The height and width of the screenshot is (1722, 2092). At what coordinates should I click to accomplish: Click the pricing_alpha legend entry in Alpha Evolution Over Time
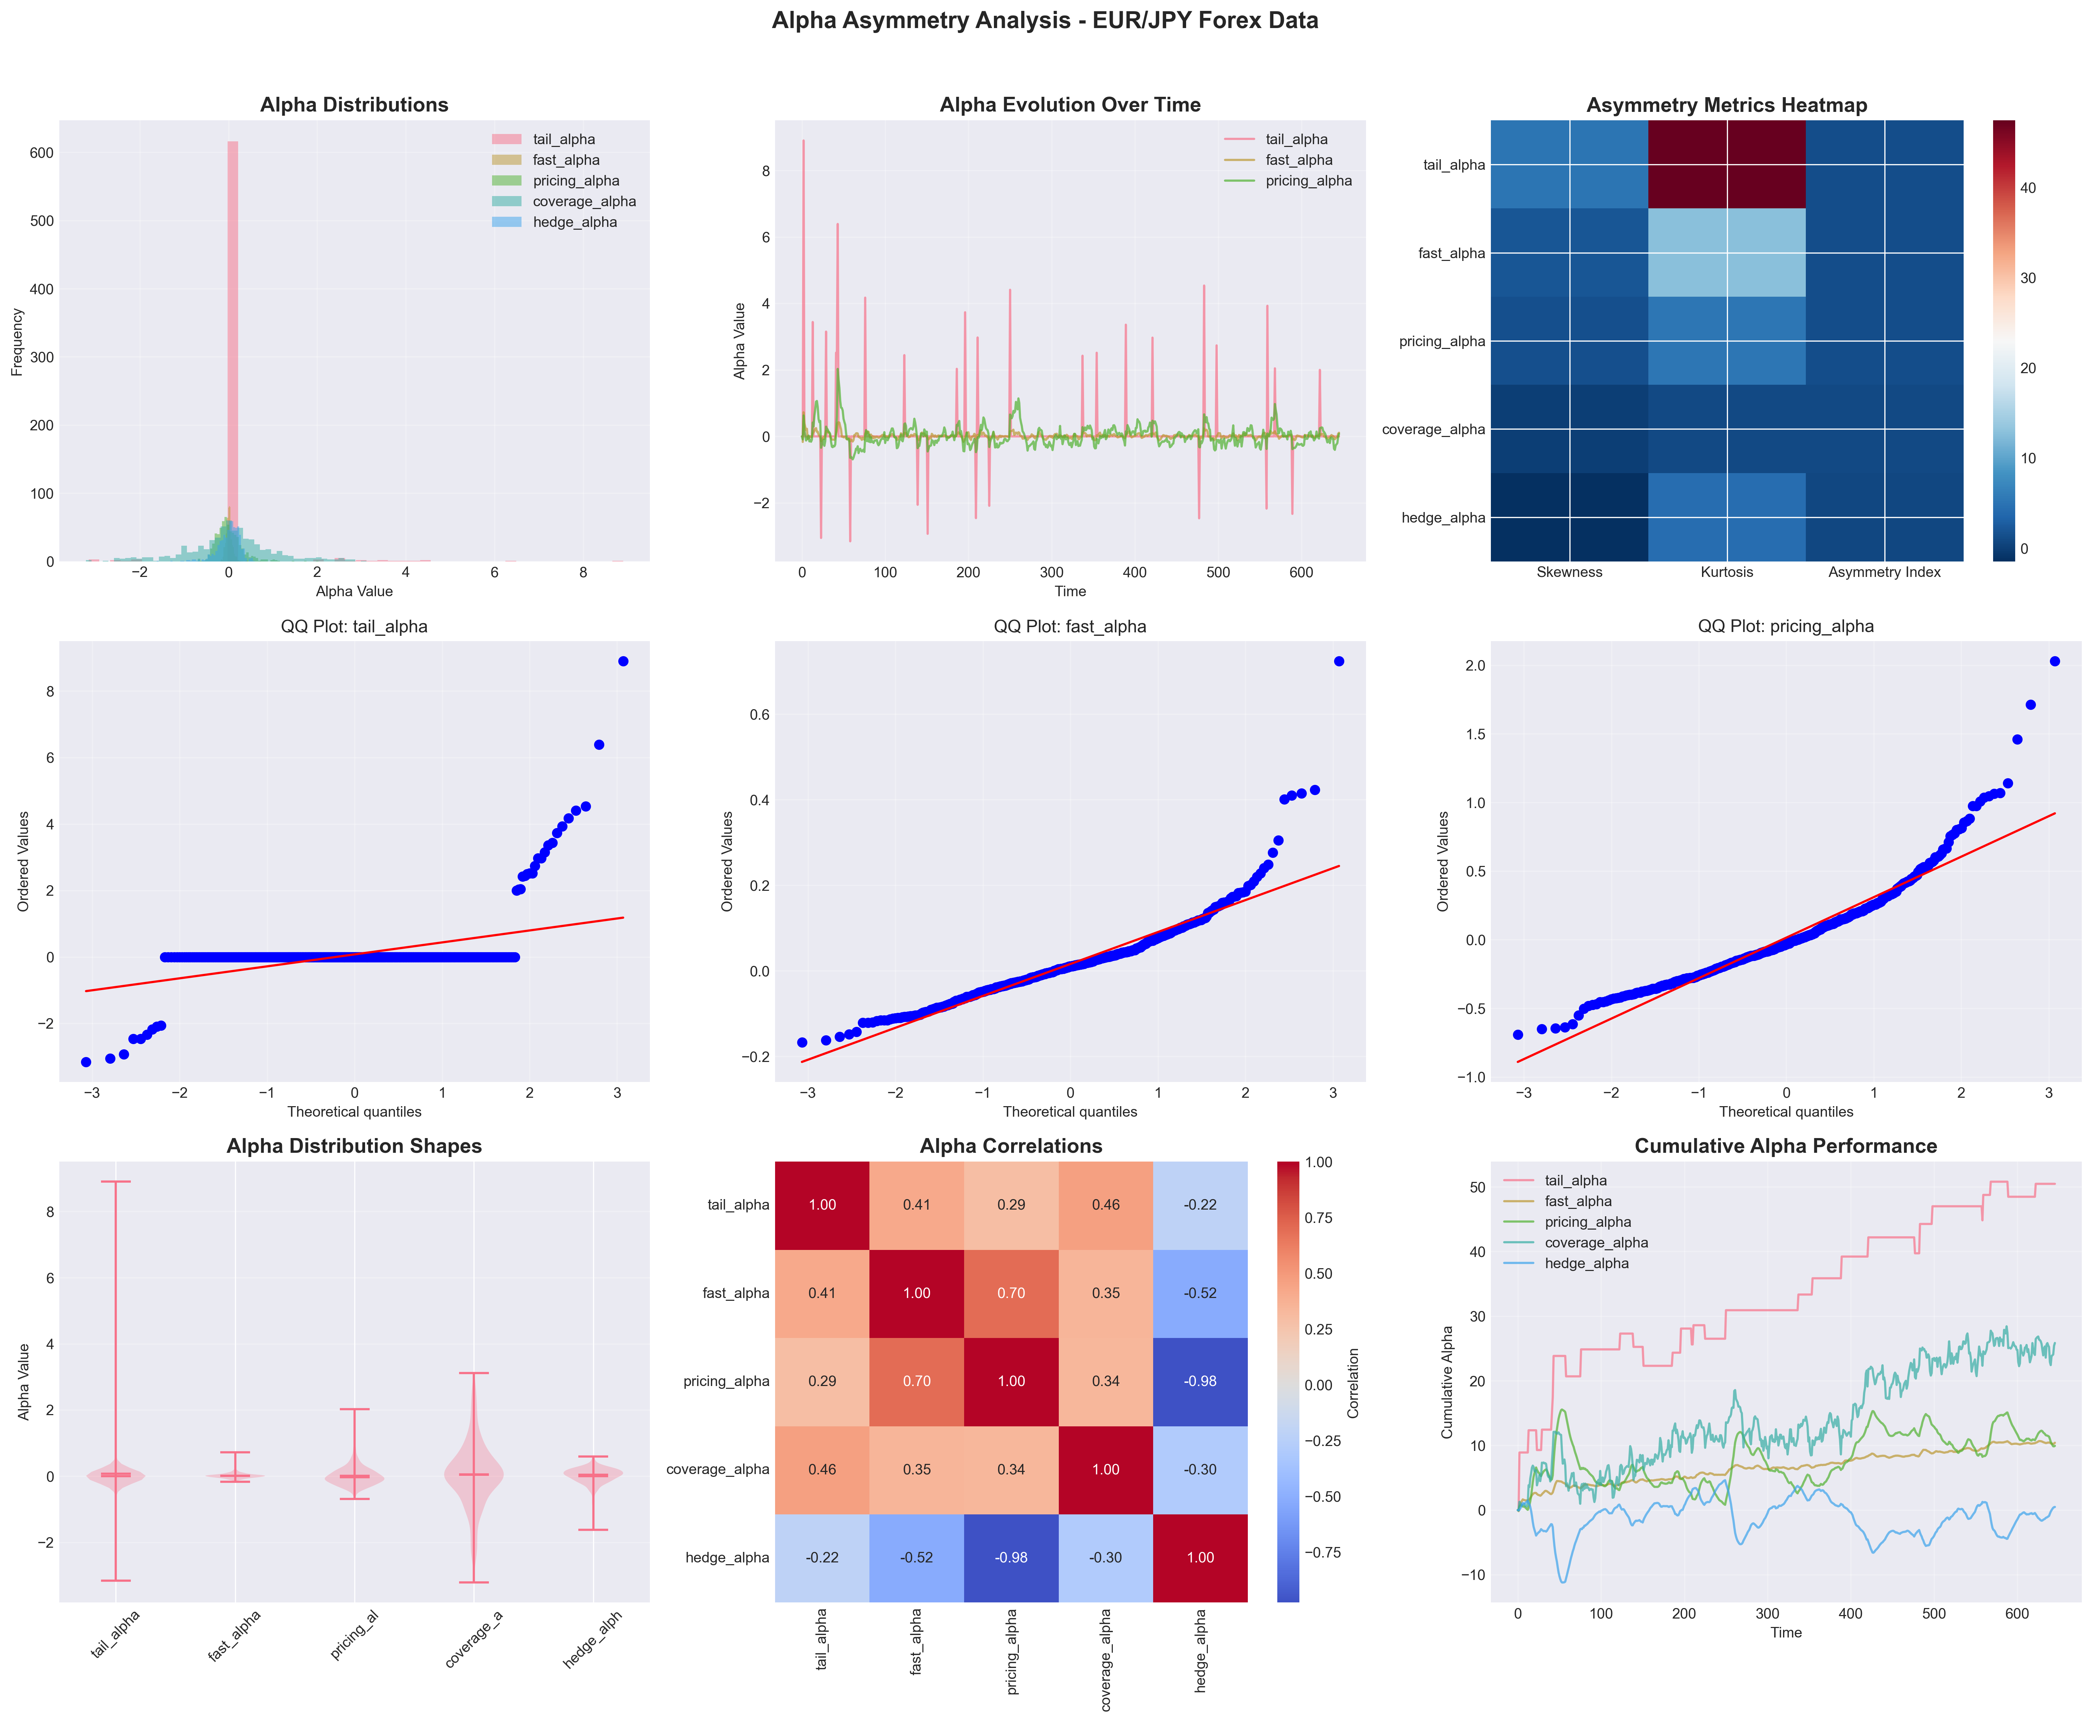point(1307,181)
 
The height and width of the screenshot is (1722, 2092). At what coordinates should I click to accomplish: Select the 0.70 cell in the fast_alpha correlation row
point(1011,1293)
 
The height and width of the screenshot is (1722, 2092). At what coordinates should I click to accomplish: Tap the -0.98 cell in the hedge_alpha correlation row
point(1011,1557)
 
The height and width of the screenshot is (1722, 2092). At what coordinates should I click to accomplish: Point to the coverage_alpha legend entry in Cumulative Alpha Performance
point(1595,1243)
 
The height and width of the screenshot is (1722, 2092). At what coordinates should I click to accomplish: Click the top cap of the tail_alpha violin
point(115,1182)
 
